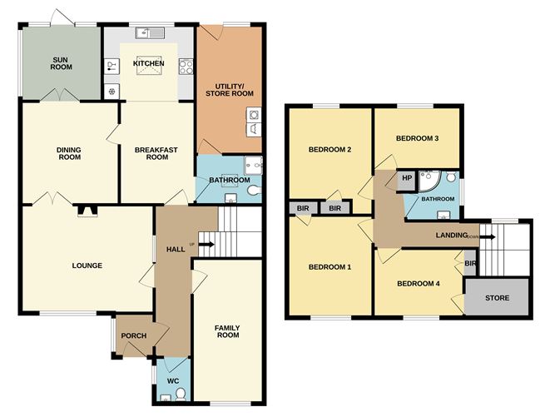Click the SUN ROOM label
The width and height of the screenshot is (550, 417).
(x=61, y=63)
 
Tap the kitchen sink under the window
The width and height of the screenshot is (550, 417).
(x=150, y=33)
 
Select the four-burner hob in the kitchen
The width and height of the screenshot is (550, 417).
(x=186, y=67)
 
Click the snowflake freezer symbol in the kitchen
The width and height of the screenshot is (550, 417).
(x=111, y=92)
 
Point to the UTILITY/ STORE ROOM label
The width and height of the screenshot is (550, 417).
(x=230, y=90)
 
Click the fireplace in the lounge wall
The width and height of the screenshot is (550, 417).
(x=87, y=211)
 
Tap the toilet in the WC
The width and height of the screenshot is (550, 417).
(x=181, y=395)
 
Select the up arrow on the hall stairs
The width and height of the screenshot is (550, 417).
(x=206, y=245)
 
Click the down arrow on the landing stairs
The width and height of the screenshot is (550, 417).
(x=488, y=237)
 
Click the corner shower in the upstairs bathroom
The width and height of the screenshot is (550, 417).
(x=429, y=181)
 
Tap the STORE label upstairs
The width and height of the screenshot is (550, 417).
(x=497, y=298)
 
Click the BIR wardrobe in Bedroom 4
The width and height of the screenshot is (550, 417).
(x=470, y=263)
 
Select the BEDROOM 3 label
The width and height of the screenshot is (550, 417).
(x=417, y=138)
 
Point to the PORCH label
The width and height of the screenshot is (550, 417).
(x=134, y=336)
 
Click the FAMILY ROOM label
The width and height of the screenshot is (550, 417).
(x=228, y=331)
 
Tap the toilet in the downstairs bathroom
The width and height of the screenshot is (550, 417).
(x=254, y=191)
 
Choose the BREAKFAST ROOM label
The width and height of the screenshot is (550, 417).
(x=156, y=153)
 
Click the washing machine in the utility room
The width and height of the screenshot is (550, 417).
(x=254, y=115)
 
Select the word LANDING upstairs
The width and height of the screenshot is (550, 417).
(x=452, y=236)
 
